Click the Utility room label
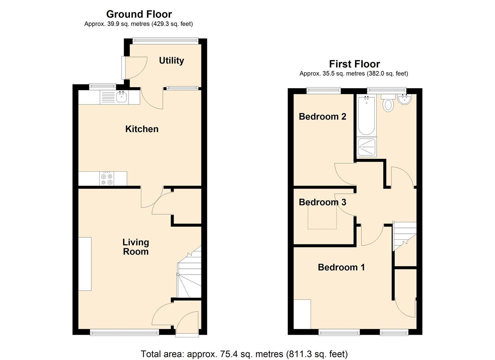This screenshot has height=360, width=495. (x=171, y=61)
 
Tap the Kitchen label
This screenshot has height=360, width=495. (x=142, y=129)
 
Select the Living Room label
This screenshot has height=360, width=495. (x=136, y=247)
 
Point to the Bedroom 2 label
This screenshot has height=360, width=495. (x=322, y=117)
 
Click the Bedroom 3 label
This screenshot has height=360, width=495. (x=322, y=202)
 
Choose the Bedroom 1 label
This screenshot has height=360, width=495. (x=341, y=267)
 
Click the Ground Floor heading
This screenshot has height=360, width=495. (x=139, y=14)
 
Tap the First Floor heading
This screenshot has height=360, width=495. (x=354, y=64)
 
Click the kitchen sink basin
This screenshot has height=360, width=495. (x=121, y=97)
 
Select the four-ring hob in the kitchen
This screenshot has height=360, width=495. (x=107, y=179)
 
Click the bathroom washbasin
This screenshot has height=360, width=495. (x=405, y=99)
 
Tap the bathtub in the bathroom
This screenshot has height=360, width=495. (x=366, y=115)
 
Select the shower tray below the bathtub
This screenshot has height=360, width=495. (x=367, y=147)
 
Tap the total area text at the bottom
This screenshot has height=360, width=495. (x=244, y=354)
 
